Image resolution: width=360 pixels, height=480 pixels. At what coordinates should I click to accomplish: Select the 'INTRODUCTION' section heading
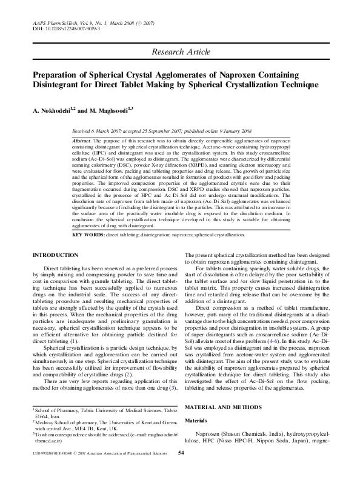55,255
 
